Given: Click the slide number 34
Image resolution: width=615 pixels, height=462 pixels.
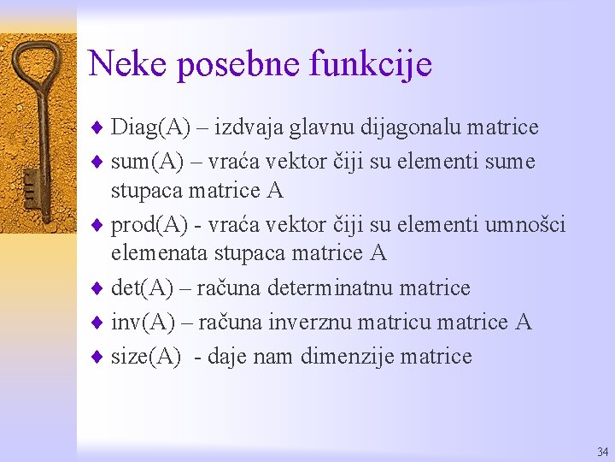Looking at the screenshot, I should [x=603, y=451].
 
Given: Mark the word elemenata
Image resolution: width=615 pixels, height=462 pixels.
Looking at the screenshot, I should [x=159, y=253].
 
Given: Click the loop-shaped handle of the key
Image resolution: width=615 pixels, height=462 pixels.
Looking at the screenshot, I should [x=35, y=64].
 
